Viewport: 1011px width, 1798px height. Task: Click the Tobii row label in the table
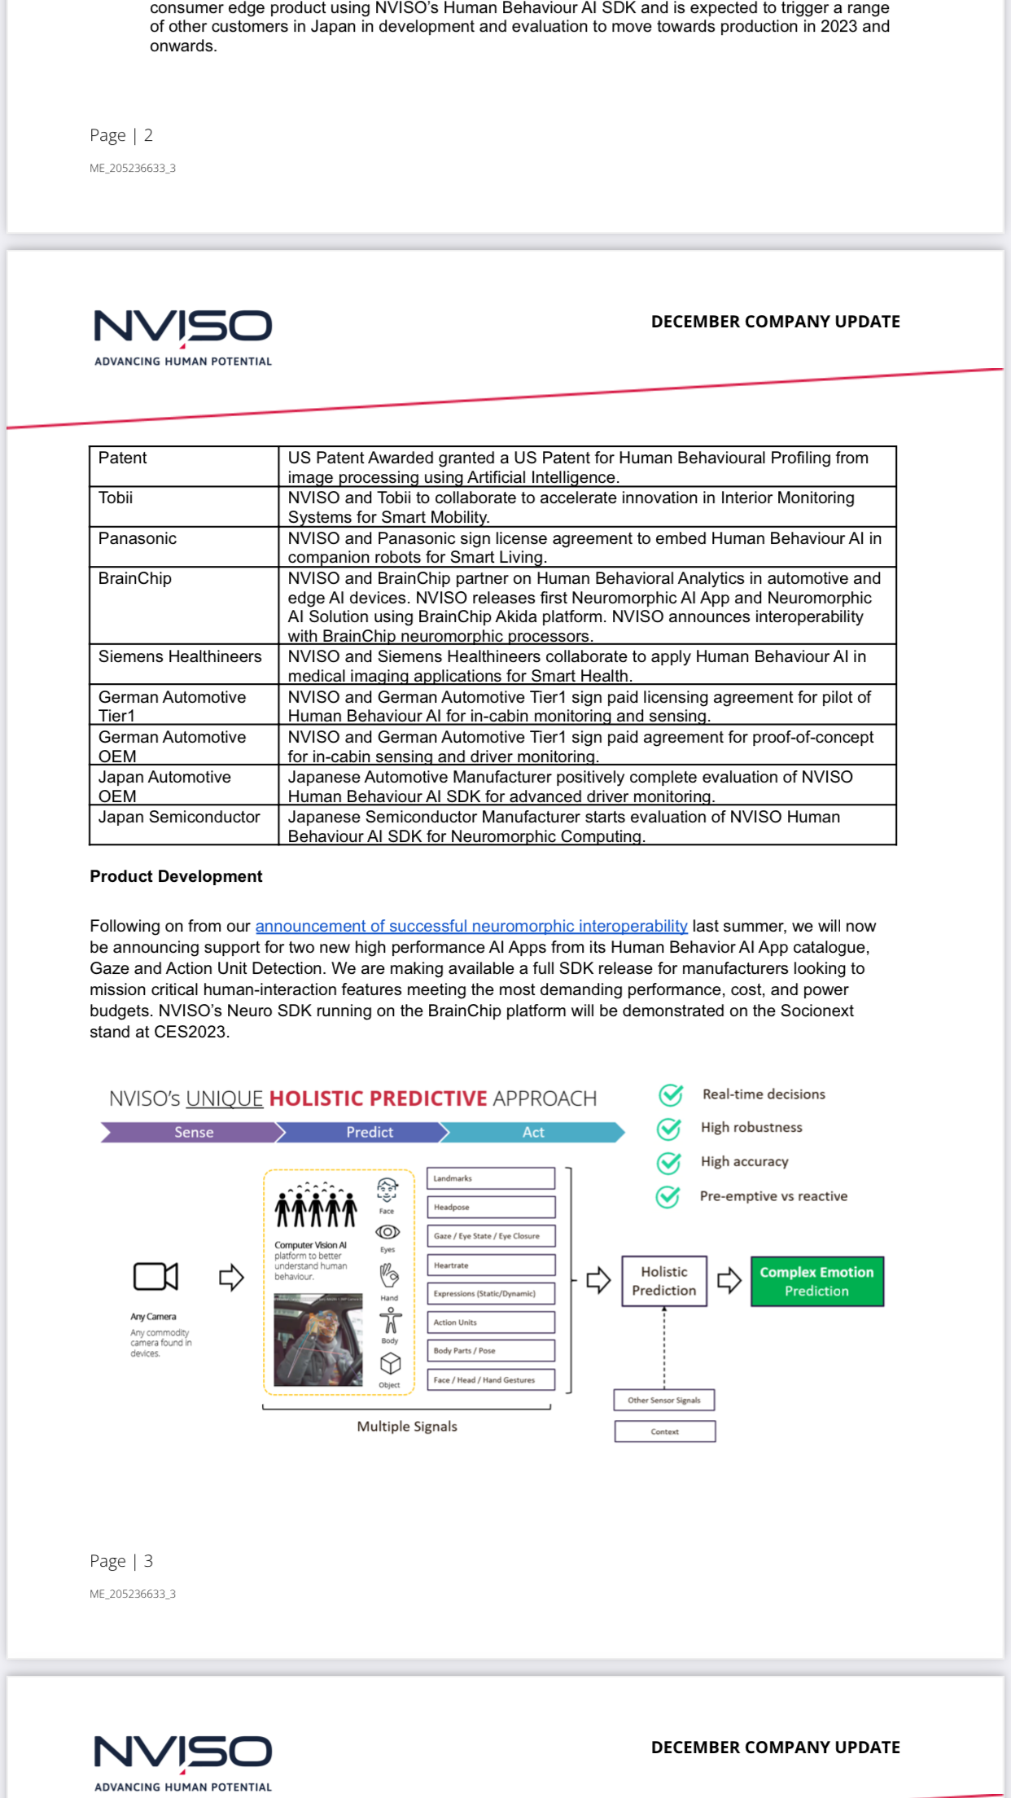click(x=116, y=498)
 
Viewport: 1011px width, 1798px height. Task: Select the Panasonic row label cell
click(x=138, y=539)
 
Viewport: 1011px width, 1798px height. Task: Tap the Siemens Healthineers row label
click(x=180, y=657)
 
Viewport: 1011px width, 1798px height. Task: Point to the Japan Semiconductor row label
click(x=179, y=818)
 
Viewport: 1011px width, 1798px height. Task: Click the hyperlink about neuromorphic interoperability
click(x=471, y=927)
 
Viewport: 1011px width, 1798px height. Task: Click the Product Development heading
click(x=176, y=877)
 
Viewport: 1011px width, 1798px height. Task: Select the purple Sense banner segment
click(x=193, y=1133)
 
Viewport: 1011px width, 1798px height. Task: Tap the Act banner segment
click(x=533, y=1133)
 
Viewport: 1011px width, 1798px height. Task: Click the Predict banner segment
click(x=369, y=1133)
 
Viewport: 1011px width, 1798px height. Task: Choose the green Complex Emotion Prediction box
click(x=816, y=1282)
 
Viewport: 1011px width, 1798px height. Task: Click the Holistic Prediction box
click(x=664, y=1282)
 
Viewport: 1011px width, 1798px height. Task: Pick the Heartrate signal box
click(x=491, y=1265)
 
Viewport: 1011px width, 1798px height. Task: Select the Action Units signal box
click(x=491, y=1322)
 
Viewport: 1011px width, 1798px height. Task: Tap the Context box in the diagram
click(x=665, y=1432)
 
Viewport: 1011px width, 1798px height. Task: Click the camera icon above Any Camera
click(x=155, y=1276)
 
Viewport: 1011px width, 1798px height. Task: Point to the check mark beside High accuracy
click(x=669, y=1163)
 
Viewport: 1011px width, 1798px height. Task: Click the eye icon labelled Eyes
click(x=387, y=1232)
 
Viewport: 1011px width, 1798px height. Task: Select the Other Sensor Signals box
click(x=664, y=1401)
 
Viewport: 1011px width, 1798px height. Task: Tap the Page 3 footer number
click(x=148, y=1561)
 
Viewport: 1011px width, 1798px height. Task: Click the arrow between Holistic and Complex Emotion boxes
click(x=729, y=1281)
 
